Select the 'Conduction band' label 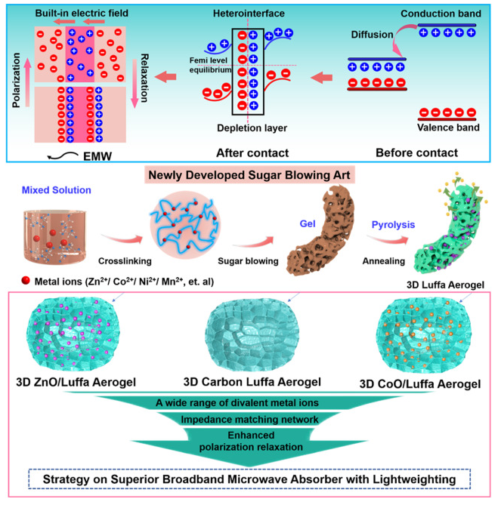[x=438, y=14]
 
